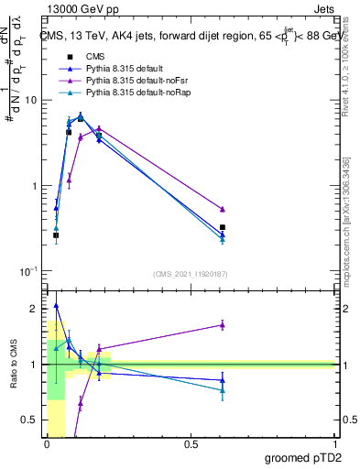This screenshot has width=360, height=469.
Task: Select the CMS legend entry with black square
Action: [97, 57]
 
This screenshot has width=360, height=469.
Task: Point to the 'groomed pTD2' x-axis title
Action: [304, 456]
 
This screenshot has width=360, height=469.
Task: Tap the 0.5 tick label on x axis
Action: [191, 444]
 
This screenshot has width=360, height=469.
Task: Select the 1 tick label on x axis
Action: [335, 444]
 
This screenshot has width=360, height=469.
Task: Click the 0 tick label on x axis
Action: [47, 444]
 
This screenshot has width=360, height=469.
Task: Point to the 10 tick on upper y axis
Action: [30, 100]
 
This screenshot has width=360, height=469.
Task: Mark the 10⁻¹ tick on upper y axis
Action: [28, 271]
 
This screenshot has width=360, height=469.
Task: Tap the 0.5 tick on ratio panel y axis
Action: [30, 420]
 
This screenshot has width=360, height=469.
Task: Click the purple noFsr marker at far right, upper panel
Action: [223, 209]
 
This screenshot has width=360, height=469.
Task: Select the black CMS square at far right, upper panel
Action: [223, 227]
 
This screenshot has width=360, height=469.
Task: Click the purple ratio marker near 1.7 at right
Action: [223, 324]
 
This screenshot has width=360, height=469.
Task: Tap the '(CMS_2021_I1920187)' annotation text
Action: [190, 274]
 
